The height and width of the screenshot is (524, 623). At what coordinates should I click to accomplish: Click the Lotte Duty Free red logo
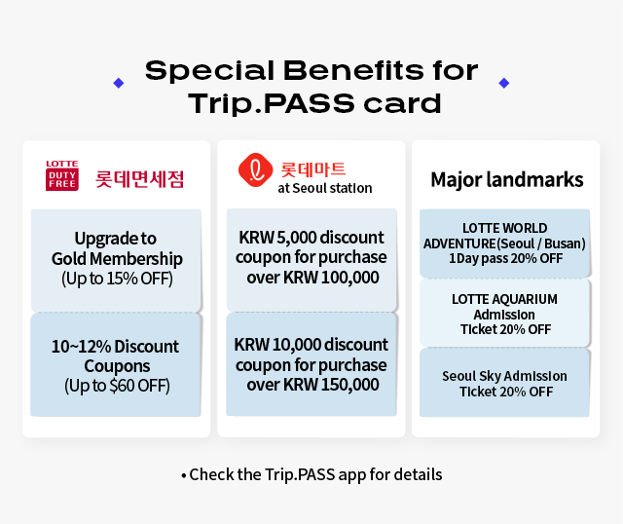coord(62,175)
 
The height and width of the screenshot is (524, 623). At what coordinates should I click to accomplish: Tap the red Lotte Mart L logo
coord(255,169)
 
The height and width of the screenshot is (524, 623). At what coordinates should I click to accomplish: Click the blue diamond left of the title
coord(119,83)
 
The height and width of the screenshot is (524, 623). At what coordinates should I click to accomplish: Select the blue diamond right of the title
coord(504,83)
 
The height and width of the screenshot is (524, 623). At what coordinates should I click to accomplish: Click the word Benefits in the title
coord(353,71)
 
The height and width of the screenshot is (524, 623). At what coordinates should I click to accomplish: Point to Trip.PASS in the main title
coord(272,104)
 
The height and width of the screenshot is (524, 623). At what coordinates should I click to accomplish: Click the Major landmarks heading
coord(507,179)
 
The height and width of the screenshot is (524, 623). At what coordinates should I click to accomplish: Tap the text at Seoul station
coord(325,188)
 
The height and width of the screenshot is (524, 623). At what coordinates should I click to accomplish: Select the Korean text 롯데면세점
coord(139,179)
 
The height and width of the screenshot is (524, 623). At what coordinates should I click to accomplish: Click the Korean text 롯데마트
coord(313,169)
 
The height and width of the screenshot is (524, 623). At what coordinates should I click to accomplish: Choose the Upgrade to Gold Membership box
coord(117,260)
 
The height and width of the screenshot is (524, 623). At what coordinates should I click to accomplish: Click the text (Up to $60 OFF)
coord(117,386)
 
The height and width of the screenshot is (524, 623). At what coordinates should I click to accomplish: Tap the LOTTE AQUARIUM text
coord(504,299)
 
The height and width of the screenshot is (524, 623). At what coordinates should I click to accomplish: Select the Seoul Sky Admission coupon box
coord(504,383)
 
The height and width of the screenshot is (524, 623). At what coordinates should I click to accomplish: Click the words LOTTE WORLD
coord(504,228)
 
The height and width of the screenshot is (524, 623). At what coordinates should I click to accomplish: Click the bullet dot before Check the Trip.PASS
coord(184,475)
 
